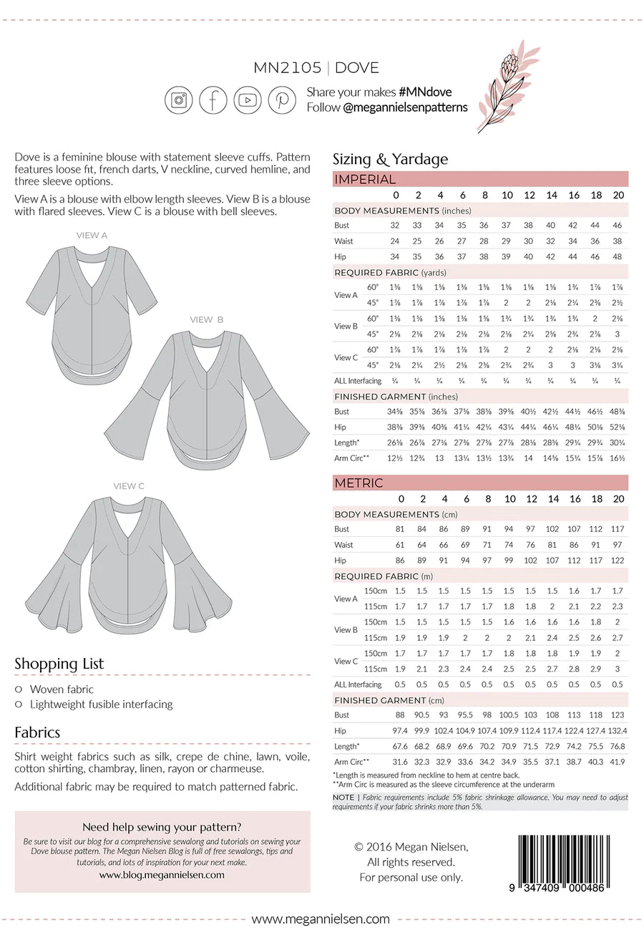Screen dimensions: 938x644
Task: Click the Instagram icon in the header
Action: pos(179,100)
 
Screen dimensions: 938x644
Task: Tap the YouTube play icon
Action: pos(248,100)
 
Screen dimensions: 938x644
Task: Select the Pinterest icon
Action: pos(282,100)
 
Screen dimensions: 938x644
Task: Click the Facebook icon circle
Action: pos(213,100)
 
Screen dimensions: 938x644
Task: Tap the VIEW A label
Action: pos(92,235)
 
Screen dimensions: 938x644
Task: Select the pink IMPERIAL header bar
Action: pos(480,179)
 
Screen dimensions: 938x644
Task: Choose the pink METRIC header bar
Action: pos(480,483)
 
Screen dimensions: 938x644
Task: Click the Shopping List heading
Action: pos(59,663)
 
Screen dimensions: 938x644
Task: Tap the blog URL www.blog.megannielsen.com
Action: pos(162,874)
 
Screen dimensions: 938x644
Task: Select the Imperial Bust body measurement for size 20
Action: pos(617,225)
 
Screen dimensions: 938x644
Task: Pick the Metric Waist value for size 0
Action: pos(400,544)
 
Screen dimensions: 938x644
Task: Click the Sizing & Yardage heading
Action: pos(390,159)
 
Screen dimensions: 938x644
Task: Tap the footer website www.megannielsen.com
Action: pos(321,919)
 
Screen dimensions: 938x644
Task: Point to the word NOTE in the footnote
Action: pos(343,797)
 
